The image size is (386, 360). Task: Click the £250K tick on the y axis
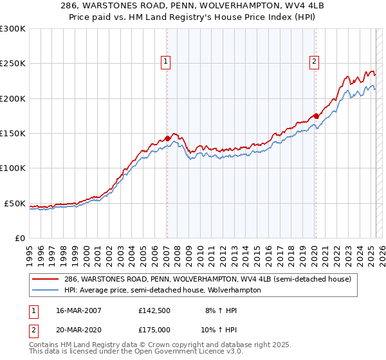[13, 64]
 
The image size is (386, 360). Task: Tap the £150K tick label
[13, 134]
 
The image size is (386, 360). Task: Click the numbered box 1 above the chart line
[166, 62]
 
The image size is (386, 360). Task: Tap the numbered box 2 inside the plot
[314, 62]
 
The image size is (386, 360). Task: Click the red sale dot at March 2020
[315, 116]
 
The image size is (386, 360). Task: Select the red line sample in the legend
[46, 279]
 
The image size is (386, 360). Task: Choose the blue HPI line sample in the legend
[46, 290]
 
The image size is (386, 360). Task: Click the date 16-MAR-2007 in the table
[75, 310]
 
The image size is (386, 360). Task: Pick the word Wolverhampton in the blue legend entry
[236, 290]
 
